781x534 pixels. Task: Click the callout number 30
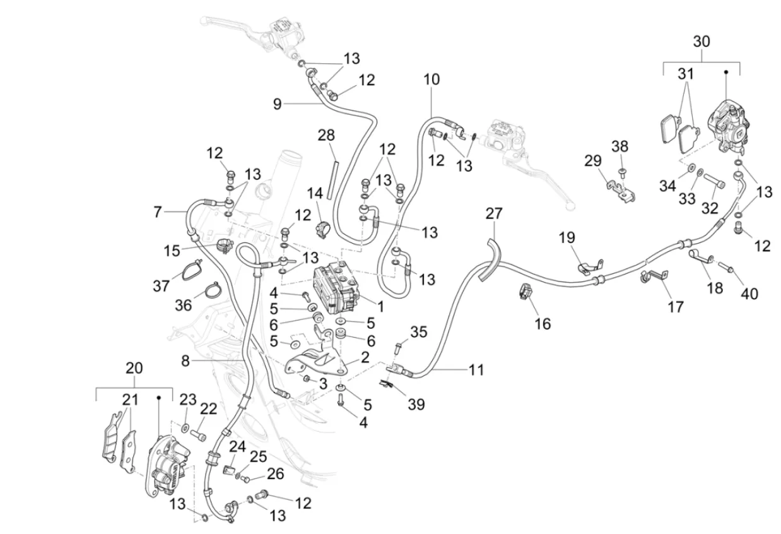tap(701, 42)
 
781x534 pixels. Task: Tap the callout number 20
tap(134, 368)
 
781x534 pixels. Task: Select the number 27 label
tap(494, 213)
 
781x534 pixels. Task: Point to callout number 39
tap(416, 405)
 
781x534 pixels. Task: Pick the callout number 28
tap(326, 135)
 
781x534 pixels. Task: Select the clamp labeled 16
tap(525, 291)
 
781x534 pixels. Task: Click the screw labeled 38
tap(621, 171)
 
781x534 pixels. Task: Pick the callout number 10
tap(432, 80)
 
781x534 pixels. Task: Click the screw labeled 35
tap(398, 346)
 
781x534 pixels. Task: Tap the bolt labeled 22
tap(199, 434)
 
